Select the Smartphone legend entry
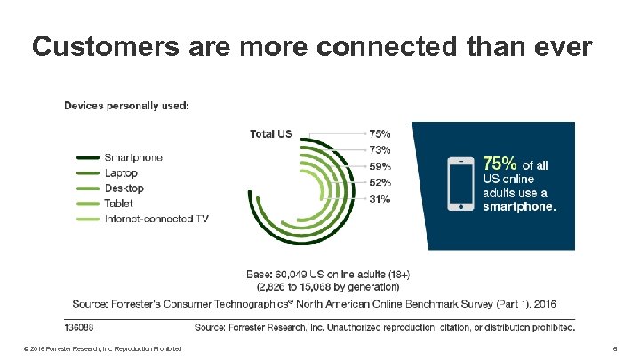point(133,157)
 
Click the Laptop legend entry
point(122,172)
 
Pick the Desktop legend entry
point(124,188)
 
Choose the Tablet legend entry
point(119,203)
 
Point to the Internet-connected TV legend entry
point(156,218)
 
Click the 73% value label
point(380,149)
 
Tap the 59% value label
point(380,165)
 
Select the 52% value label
point(380,182)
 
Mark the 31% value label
point(380,198)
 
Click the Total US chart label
point(270,134)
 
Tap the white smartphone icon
point(460,183)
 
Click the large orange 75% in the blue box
point(500,164)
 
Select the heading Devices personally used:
point(125,105)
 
